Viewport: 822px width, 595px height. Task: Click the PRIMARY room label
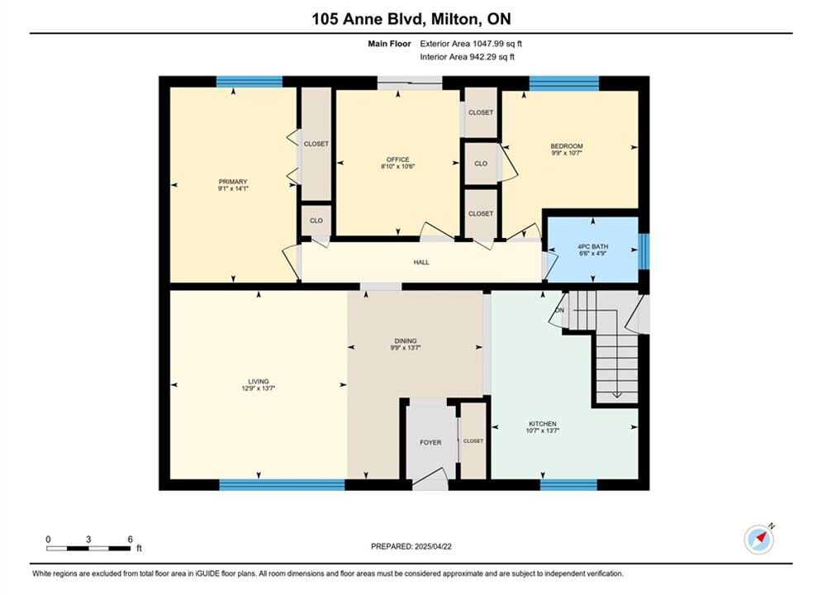click(233, 182)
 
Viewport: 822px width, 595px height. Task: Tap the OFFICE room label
click(398, 159)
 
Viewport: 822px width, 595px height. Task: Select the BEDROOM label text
click(567, 146)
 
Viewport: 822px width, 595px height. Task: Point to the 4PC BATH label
click(593, 246)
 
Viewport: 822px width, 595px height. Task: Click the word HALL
click(421, 262)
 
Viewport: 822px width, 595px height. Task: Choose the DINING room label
click(406, 340)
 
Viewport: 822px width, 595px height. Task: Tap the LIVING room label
click(259, 382)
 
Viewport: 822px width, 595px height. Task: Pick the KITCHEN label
click(543, 424)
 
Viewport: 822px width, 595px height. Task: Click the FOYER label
click(430, 442)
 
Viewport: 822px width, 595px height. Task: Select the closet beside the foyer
click(473, 440)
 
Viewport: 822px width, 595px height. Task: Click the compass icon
click(758, 539)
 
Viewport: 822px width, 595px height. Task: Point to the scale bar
click(88, 549)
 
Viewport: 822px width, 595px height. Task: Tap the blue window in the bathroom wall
click(644, 251)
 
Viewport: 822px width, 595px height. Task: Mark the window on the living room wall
click(282, 485)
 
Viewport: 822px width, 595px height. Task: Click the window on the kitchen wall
click(569, 485)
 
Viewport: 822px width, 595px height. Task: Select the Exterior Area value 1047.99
click(489, 44)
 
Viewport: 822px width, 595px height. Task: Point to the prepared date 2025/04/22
click(433, 546)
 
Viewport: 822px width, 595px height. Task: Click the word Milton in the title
click(454, 19)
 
